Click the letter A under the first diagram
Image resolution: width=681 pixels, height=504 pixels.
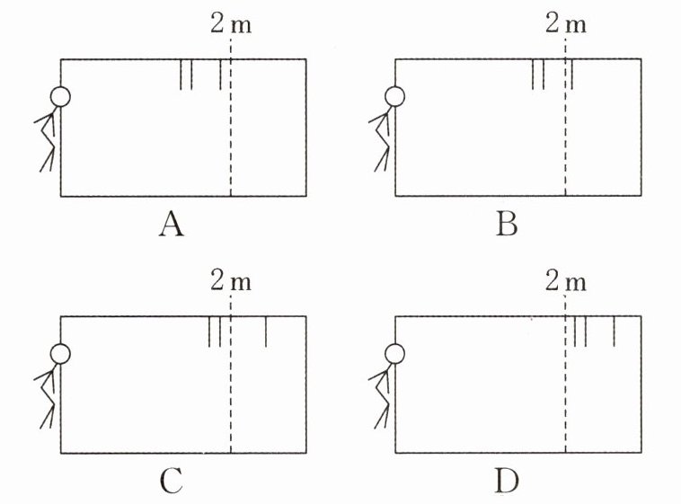click(x=171, y=225)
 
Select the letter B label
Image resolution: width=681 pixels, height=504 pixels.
click(x=507, y=225)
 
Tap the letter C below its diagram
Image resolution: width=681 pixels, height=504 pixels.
click(x=171, y=482)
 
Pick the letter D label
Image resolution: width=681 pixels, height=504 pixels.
click(x=507, y=482)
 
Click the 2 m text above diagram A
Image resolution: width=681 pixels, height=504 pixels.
click(x=231, y=24)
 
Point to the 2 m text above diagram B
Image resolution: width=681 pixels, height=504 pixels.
click(x=566, y=24)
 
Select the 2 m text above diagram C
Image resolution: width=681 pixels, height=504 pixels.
click(x=231, y=282)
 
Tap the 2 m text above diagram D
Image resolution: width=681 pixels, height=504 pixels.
click(x=566, y=282)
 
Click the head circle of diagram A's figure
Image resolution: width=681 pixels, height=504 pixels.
click(x=59, y=96)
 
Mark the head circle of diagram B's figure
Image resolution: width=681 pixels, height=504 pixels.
click(x=394, y=96)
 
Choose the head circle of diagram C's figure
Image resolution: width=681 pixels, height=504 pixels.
click(x=59, y=354)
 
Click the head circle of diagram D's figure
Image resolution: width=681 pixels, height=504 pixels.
click(x=394, y=354)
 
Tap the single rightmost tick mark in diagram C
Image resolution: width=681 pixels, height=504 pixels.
click(x=266, y=332)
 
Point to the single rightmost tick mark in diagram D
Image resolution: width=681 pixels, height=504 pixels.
click(x=614, y=332)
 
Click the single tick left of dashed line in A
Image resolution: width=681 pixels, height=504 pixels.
click(x=220, y=75)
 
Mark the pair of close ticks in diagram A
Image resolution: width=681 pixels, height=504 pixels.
click(x=186, y=75)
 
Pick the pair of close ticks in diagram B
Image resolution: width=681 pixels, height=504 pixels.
click(x=538, y=75)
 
